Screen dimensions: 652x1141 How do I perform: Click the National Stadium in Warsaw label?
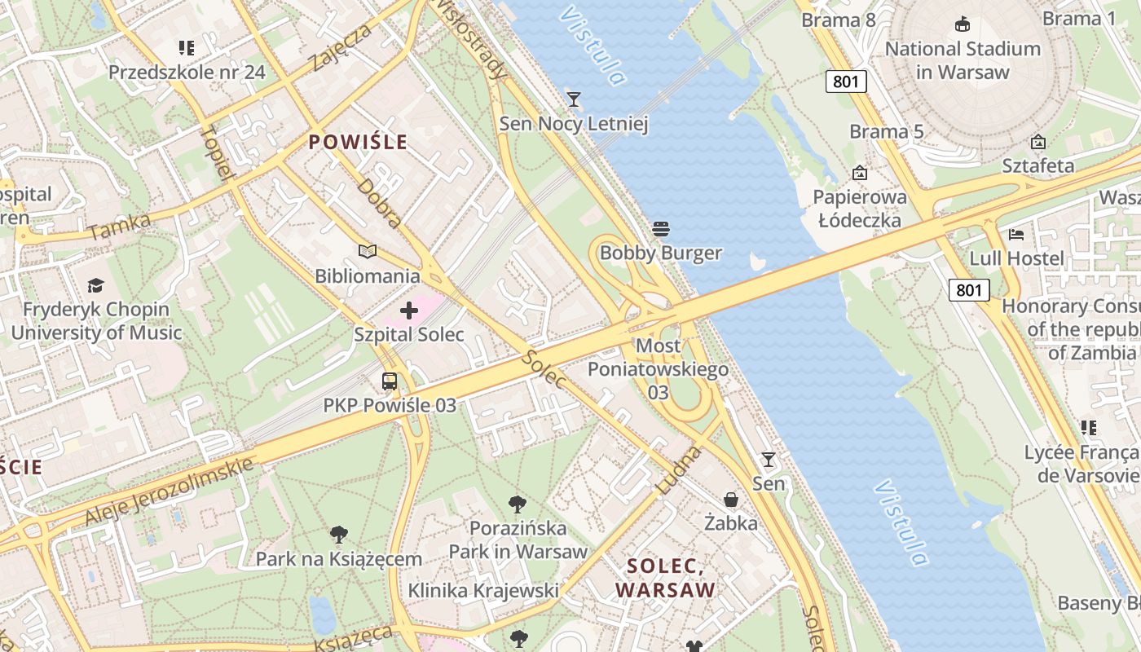pyautogui.click(x=963, y=60)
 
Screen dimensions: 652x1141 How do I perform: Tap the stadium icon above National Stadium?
pyautogui.click(x=963, y=24)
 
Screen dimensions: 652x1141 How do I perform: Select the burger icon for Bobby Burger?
pyautogui.click(x=661, y=229)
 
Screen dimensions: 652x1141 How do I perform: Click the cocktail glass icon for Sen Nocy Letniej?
pyautogui.click(x=574, y=99)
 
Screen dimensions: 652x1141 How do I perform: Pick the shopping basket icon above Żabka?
pyautogui.click(x=731, y=499)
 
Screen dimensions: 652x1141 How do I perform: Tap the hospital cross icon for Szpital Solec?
pyautogui.click(x=409, y=311)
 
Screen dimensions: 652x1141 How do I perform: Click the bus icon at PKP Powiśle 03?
pyautogui.click(x=390, y=381)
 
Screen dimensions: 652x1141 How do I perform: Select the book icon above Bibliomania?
pyautogui.click(x=368, y=252)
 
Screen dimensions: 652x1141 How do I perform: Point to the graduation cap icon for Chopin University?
pyautogui.click(x=96, y=285)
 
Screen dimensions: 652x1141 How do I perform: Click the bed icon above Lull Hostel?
pyautogui.click(x=1015, y=235)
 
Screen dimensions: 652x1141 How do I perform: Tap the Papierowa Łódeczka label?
pyautogui.click(x=860, y=209)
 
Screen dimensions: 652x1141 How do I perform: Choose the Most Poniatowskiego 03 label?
pyautogui.click(x=659, y=369)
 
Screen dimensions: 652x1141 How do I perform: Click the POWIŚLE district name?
pyautogui.click(x=358, y=142)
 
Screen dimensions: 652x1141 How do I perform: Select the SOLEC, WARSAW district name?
pyautogui.click(x=665, y=578)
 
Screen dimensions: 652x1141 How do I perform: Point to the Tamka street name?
pyautogui.click(x=120, y=226)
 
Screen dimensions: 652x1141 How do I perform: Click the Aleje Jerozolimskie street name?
pyautogui.click(x=169, y=491)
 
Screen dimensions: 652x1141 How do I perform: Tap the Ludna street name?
pyautogui.click(x=678, y=470)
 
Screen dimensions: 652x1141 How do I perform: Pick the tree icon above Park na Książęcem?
pyautogui.click(x=339, y=535)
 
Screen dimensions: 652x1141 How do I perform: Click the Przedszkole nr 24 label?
pyautogui.click(x=187, y=72)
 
